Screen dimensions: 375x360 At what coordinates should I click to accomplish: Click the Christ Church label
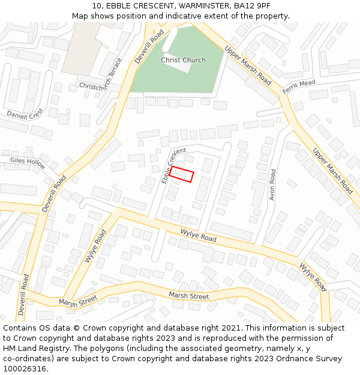click(183, 60)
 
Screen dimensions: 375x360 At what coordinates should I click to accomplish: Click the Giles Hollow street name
click(28, 162)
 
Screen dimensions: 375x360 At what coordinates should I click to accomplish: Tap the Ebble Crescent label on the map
click(173, 165)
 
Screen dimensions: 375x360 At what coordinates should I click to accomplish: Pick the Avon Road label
click(272, 184)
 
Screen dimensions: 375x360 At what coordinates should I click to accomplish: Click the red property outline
click(182, 175)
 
